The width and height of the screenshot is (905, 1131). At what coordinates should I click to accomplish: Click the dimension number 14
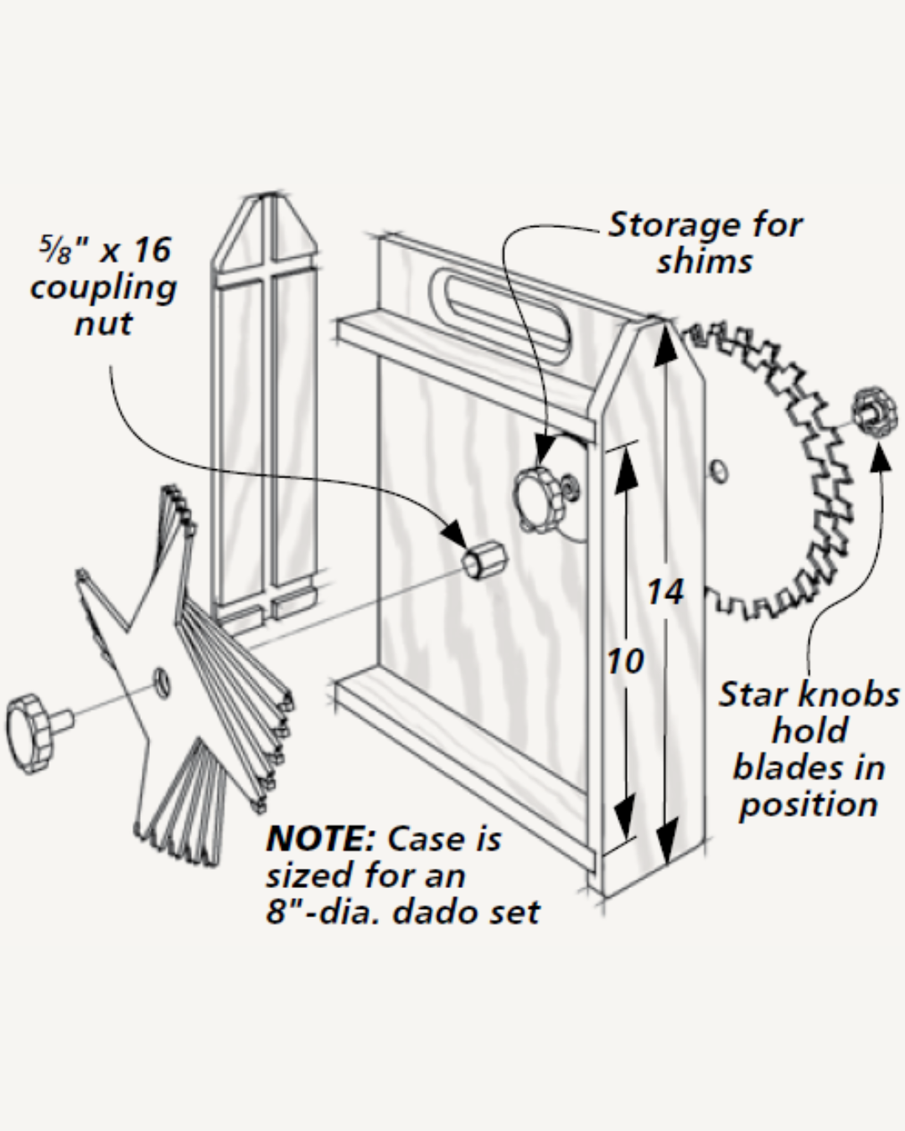click(x=665, y=592)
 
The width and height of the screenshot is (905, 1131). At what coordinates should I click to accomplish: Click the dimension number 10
click(x=625, y=661)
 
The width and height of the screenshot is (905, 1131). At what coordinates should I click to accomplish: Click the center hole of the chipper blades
click(x=163, y=683)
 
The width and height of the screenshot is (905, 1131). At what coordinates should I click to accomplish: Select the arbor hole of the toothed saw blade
click(x=719, y=470)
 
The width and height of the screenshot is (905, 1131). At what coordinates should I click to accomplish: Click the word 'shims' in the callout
click(x=704, y=261)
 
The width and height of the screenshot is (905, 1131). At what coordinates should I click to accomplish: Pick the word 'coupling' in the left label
click(x=103, y=287)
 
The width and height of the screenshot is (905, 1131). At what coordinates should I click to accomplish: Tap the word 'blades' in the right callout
click(x=808, y=767)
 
